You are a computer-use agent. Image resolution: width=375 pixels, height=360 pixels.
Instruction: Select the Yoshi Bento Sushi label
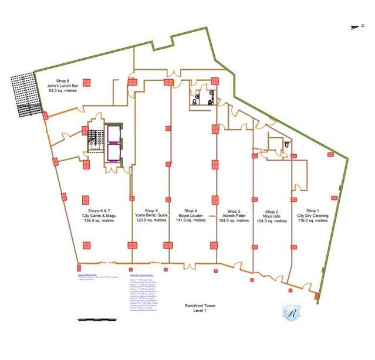click(151, 215)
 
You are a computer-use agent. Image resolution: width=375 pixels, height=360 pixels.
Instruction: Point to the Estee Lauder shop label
click(190, 215)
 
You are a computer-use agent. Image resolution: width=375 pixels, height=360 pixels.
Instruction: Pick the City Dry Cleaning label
click(312, 216)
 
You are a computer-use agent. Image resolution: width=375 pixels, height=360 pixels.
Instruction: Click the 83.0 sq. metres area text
click(63, 91)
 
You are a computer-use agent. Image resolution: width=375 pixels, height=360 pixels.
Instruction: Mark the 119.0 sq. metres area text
click(312, 221)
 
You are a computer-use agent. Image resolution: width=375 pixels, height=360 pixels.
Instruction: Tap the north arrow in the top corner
click(354, 26)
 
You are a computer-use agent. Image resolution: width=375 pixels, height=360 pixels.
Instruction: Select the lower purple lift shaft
click(114, 152)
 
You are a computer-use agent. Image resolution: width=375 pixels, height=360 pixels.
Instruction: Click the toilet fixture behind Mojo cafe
click(287, 144)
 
